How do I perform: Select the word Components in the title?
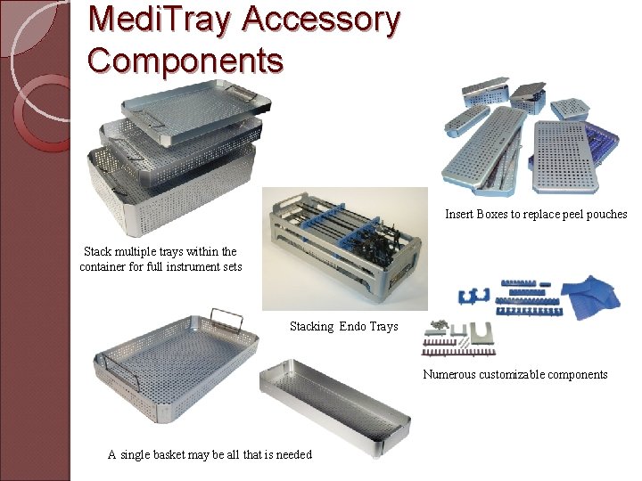[x=185, y=61]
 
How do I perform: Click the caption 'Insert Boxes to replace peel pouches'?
[x=536, y=215]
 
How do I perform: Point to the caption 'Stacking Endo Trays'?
[x=343, y=327]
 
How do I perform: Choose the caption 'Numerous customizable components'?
[x=514, y=374]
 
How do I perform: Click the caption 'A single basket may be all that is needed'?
[x=210, y=455]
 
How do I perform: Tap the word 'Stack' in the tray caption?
[x=100, y=252]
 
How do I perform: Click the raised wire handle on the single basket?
[x=226, y=319]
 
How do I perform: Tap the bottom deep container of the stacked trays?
[x=169, y=196]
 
